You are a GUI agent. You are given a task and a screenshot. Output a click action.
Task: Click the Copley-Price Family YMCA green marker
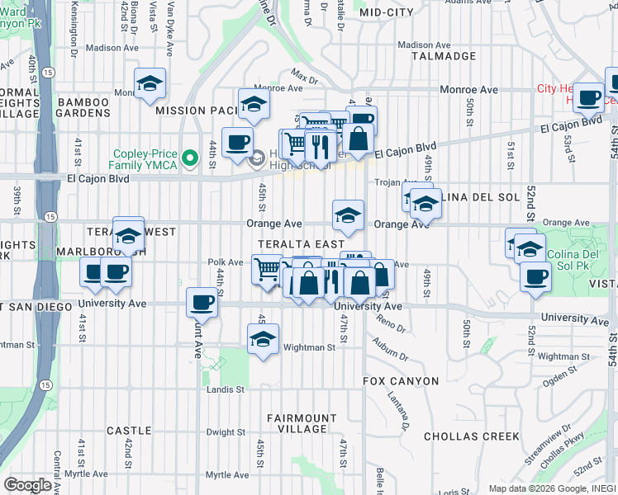click(x=191, y=157)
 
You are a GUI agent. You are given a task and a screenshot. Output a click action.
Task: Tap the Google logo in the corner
click(x=28, y=485)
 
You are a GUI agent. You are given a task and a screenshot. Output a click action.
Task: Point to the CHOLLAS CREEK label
click(x=472, y=436)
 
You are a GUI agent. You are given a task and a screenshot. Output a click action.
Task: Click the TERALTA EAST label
click(x=300, y=244)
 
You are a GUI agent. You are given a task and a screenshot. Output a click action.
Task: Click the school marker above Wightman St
click(x=263, y=339)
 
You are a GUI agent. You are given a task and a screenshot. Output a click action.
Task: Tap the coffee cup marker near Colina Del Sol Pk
click(x=535, y=276)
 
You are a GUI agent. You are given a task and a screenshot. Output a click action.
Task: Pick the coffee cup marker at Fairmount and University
click(x=202, y=303)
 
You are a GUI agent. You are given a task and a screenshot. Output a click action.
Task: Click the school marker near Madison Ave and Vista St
click(x=150, y=83)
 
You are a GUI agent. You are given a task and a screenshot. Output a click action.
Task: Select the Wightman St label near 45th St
click(x=310, y=348)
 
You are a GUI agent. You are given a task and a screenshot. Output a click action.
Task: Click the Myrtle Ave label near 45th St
click(x=226, y=475)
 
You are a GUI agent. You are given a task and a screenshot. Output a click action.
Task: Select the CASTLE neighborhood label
click(x=129, y=431)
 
